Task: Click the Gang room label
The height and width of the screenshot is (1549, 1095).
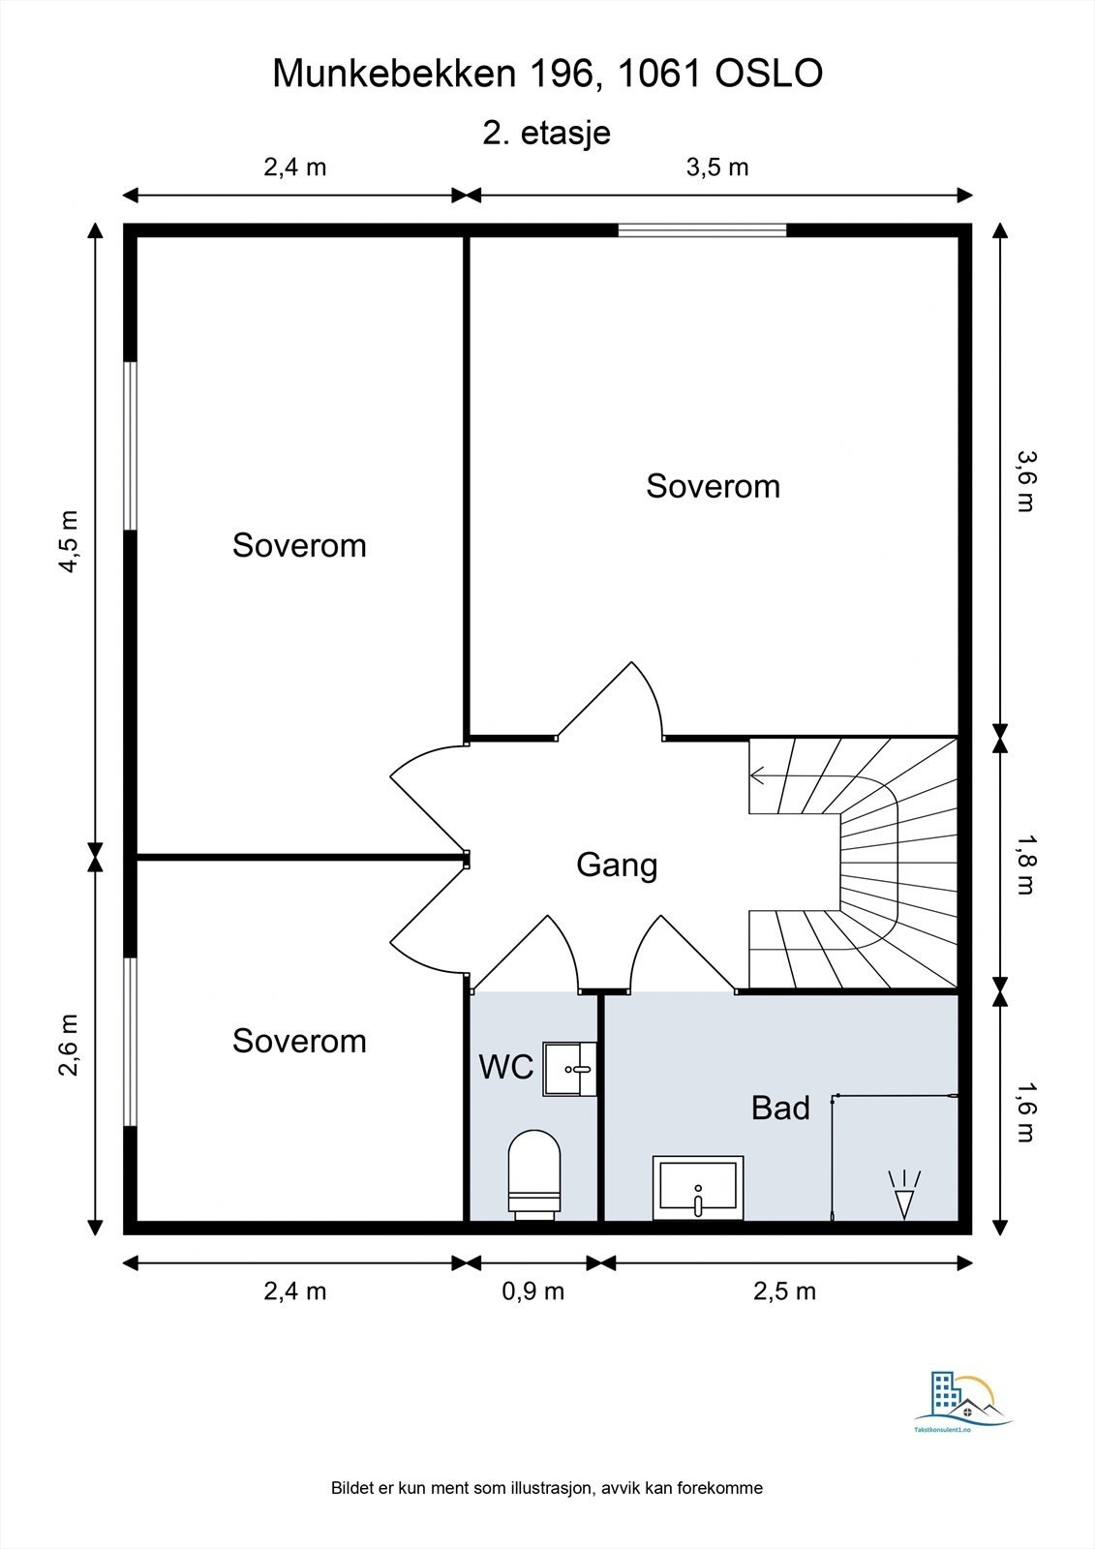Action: pyautogui.click(x=617, y=866)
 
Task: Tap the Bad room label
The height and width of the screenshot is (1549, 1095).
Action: pyautogui.click(x=780, y=1108)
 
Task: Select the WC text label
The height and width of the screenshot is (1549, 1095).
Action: pyautogui.click(x=506, y=1067)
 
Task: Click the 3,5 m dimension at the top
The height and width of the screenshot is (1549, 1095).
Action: pyautogui.click(x=717, y=167)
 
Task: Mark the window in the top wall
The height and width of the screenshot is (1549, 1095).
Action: pyautogui.click(x=702, y=230)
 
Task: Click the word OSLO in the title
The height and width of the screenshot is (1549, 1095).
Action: pyautogui.click(x=769, y=74)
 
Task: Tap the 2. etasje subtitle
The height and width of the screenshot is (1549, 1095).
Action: pyautogui.click(x=546, y=133)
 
